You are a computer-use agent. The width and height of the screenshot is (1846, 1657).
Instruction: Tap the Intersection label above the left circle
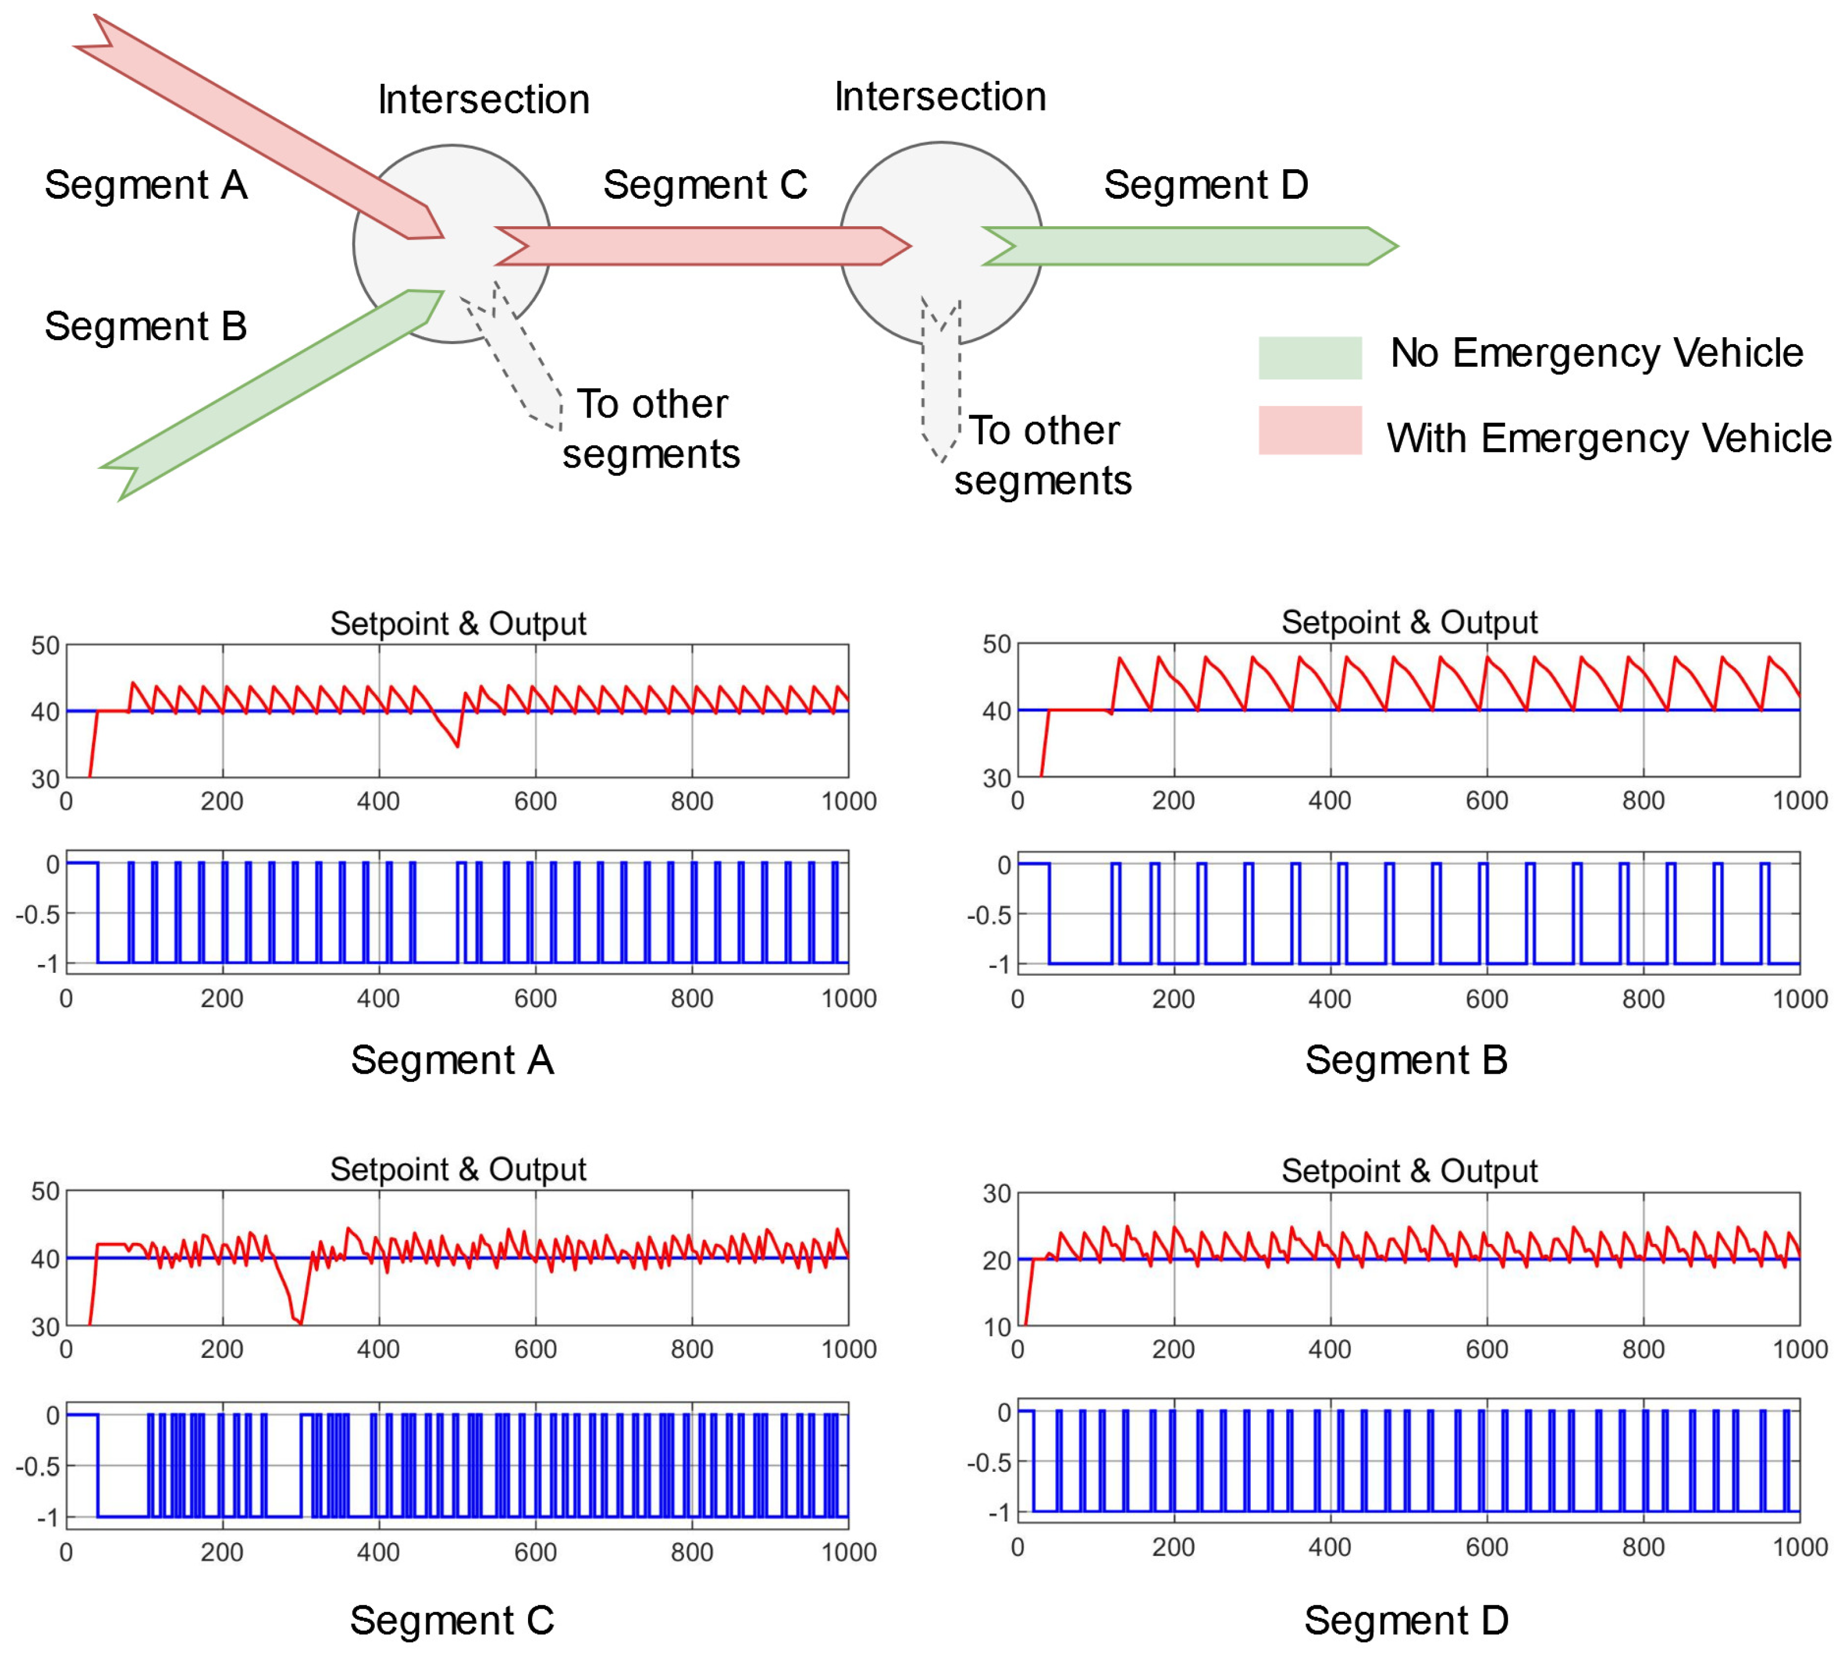pyautogui.click(x=484, y=99)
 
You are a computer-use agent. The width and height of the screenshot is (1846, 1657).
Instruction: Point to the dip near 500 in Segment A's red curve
pyautogui.click(x=456, y=744)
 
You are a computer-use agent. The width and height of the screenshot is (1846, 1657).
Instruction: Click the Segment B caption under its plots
pyautogui.click(x=1406, y=1059)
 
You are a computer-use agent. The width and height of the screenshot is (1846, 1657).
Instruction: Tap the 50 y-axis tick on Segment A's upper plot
pyautogui.click(x=46, y=645)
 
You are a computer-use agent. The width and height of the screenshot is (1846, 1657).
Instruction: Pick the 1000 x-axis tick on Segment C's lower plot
pyautogui.click(x=848, y=1552)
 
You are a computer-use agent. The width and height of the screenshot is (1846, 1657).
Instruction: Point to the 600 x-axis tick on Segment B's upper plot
pyautogui.click(x=1487, y=801)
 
